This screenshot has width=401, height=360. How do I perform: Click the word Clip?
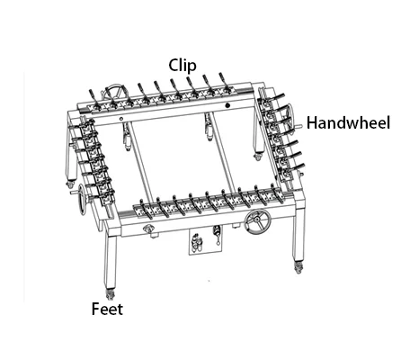[183, 66]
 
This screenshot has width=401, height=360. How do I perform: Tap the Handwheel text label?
[348, 123]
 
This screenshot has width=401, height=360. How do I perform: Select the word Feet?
[107, 309]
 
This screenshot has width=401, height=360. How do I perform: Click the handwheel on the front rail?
[257, 222]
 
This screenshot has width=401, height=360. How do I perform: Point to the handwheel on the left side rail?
[81, 199]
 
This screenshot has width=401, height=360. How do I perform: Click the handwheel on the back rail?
[114, 92]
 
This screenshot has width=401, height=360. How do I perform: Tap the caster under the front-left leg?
[110, 293]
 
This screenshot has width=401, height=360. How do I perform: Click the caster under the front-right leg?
[298, 267]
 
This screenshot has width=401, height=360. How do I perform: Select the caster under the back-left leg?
[70, 183]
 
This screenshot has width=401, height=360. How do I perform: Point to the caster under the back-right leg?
[257, 157]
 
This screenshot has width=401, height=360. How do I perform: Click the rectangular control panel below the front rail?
[205, 241]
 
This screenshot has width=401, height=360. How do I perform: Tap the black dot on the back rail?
[227, 105]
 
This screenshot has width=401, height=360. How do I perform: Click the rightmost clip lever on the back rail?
[225, 82]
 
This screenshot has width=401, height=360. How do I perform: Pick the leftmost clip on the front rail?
[146, 207]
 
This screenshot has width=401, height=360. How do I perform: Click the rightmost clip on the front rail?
[278, 193]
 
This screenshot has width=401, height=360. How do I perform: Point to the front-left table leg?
[111, 260]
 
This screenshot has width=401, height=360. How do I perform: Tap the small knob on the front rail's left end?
[148, 229]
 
